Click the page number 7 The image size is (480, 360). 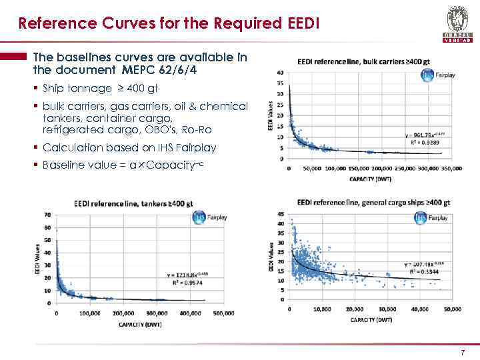(463, 351)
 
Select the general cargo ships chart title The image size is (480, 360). (373, 202)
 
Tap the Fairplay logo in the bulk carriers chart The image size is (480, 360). (437, 75)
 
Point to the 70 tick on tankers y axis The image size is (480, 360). (47, 215)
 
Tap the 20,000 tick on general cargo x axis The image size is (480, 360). (355, 309)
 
